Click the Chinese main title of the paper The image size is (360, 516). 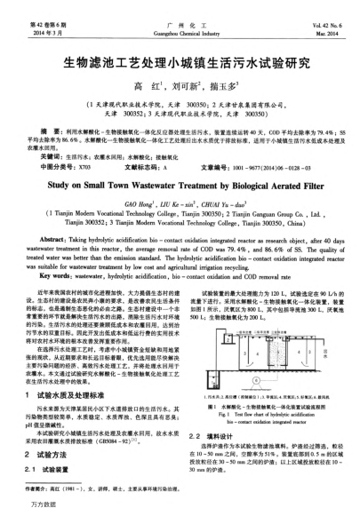(x=180, y=65)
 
